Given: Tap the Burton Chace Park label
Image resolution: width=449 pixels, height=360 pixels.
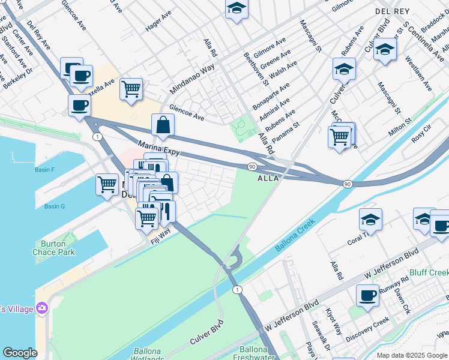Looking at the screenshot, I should (x=54, y=248).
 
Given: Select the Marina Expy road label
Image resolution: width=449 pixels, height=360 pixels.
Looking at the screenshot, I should (x=158, y=149).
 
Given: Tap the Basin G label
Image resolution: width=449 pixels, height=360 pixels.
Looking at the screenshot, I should (x=54, y=206).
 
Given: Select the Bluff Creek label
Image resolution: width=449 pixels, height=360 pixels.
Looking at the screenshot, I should (x=428, y=272).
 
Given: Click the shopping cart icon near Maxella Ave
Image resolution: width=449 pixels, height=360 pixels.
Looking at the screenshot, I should (x=131, y=89).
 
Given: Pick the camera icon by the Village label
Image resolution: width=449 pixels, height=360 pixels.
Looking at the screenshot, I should (x=42, y=308).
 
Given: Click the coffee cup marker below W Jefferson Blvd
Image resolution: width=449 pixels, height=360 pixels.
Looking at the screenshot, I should (x=367, y=295).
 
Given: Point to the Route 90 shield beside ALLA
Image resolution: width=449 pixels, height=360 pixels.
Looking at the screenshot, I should (x=252, y=166).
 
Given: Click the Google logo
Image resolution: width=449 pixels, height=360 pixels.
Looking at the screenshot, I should (x=20, y=353).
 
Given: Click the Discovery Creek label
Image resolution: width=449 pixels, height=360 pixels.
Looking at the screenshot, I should (x=368, y=329).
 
